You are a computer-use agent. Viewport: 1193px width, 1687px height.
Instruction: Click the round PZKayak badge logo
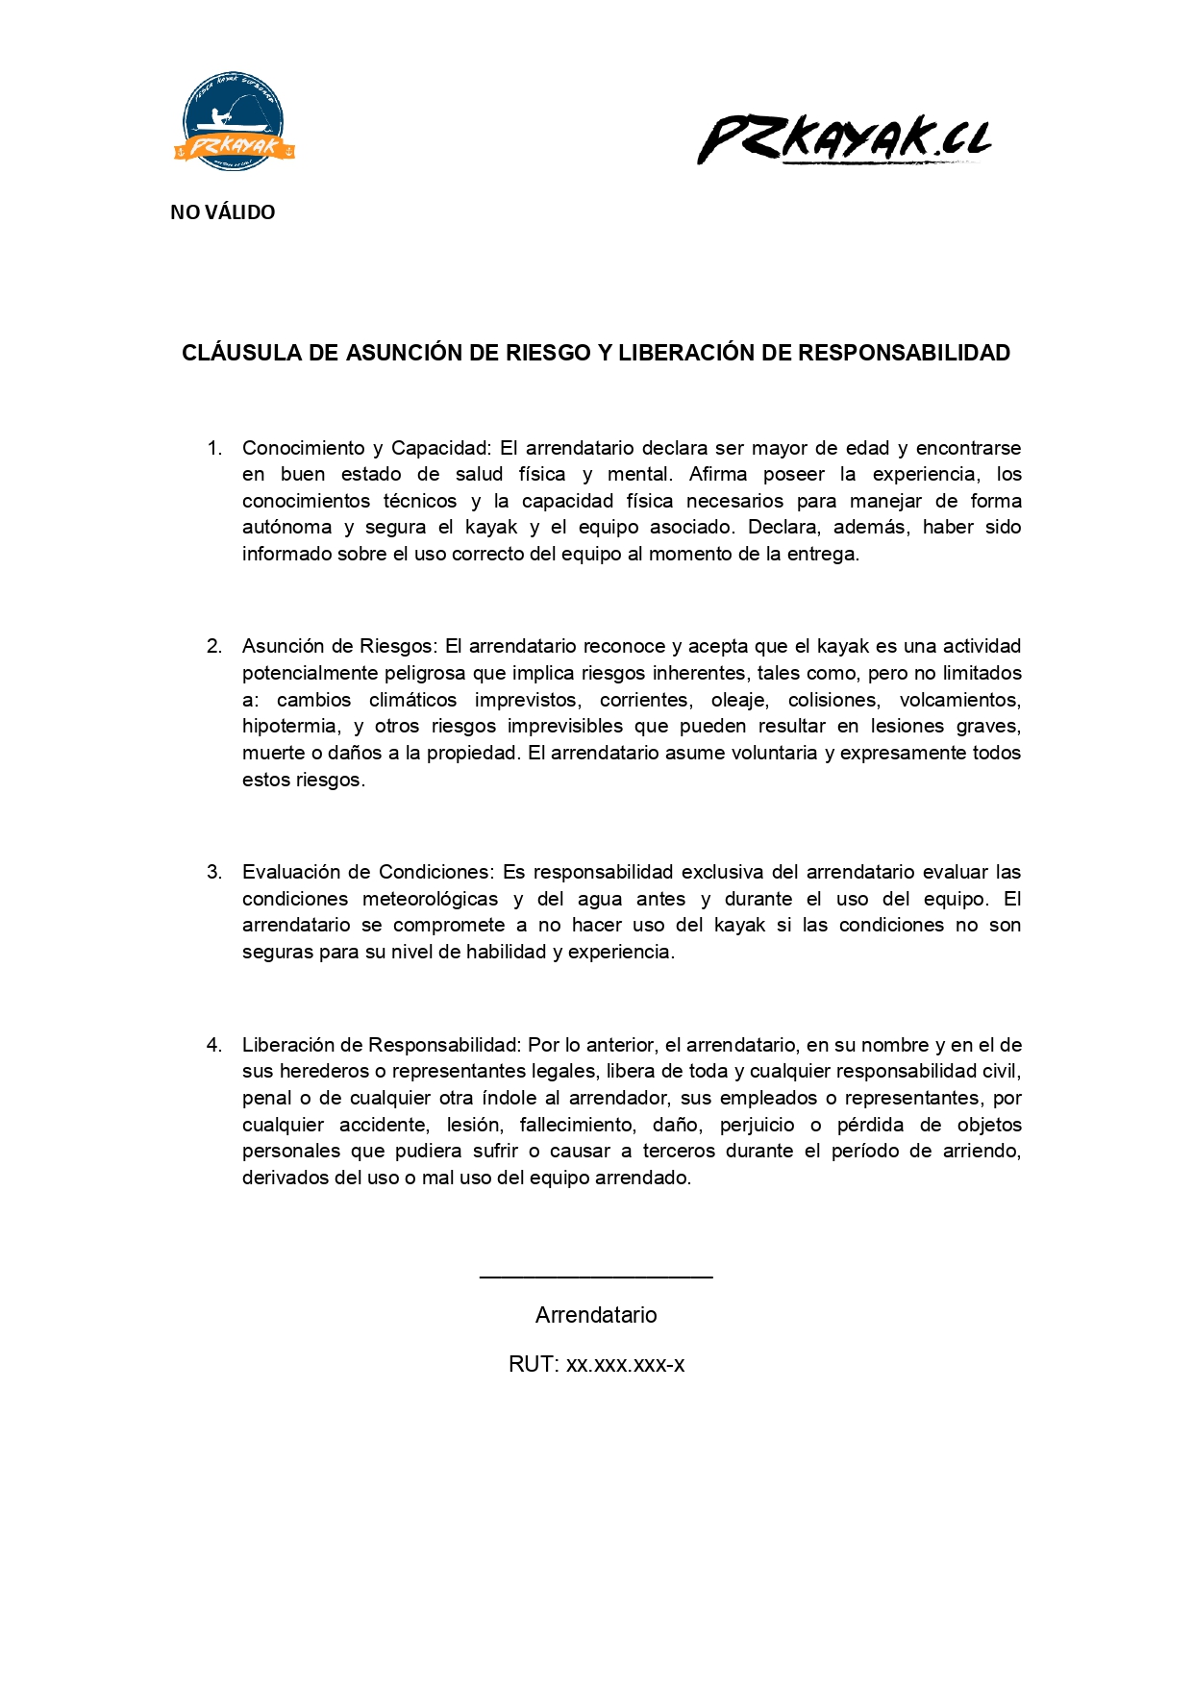coord(234,122)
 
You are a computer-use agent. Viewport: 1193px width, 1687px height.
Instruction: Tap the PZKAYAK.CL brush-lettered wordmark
coord(843,139)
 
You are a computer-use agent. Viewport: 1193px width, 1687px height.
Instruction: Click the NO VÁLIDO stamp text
coord(222,212)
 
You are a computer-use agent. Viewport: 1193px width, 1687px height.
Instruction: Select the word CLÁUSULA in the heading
coord(241,353)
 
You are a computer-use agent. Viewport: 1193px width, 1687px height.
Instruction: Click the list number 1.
coord(214,448)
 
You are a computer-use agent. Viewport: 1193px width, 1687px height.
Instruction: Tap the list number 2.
coord(214,646)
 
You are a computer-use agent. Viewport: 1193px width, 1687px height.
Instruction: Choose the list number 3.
coord(214,872)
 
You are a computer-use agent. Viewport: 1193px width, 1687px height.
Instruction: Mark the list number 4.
coord(214,1045)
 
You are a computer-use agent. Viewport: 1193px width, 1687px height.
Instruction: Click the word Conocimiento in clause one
coord(303,448)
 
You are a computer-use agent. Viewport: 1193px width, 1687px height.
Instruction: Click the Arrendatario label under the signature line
coord(596,1315)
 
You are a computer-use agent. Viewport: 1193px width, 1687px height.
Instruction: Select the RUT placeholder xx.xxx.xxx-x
coord(625,1364)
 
